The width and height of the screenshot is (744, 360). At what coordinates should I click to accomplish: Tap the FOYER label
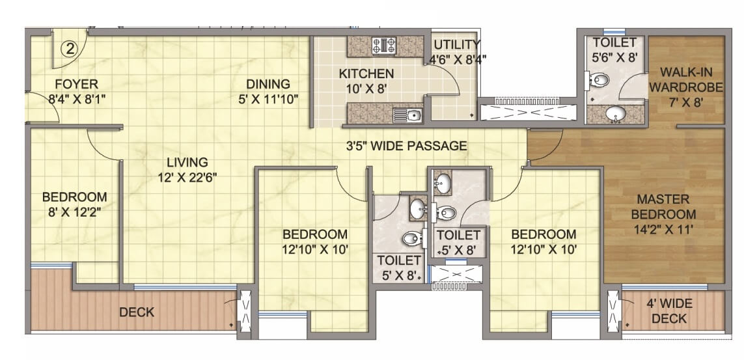76,84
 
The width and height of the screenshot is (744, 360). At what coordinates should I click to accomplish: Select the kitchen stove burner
383,46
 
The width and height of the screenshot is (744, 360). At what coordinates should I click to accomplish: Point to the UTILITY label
457,45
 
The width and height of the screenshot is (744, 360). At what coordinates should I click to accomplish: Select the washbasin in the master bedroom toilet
615,115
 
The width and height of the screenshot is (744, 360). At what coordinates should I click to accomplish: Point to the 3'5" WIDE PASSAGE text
406,146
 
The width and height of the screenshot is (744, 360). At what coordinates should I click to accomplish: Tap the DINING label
268,84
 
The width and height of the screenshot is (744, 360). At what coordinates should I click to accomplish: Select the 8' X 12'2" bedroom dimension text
75,212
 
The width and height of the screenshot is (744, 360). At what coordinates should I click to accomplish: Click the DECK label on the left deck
137,312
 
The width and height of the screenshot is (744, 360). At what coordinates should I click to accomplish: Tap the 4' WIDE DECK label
668,311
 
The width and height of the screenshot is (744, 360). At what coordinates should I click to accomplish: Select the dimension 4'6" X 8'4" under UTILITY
458,59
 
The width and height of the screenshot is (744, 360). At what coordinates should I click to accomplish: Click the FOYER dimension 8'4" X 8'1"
76,99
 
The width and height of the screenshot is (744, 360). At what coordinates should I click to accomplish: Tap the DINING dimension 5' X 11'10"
268,99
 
